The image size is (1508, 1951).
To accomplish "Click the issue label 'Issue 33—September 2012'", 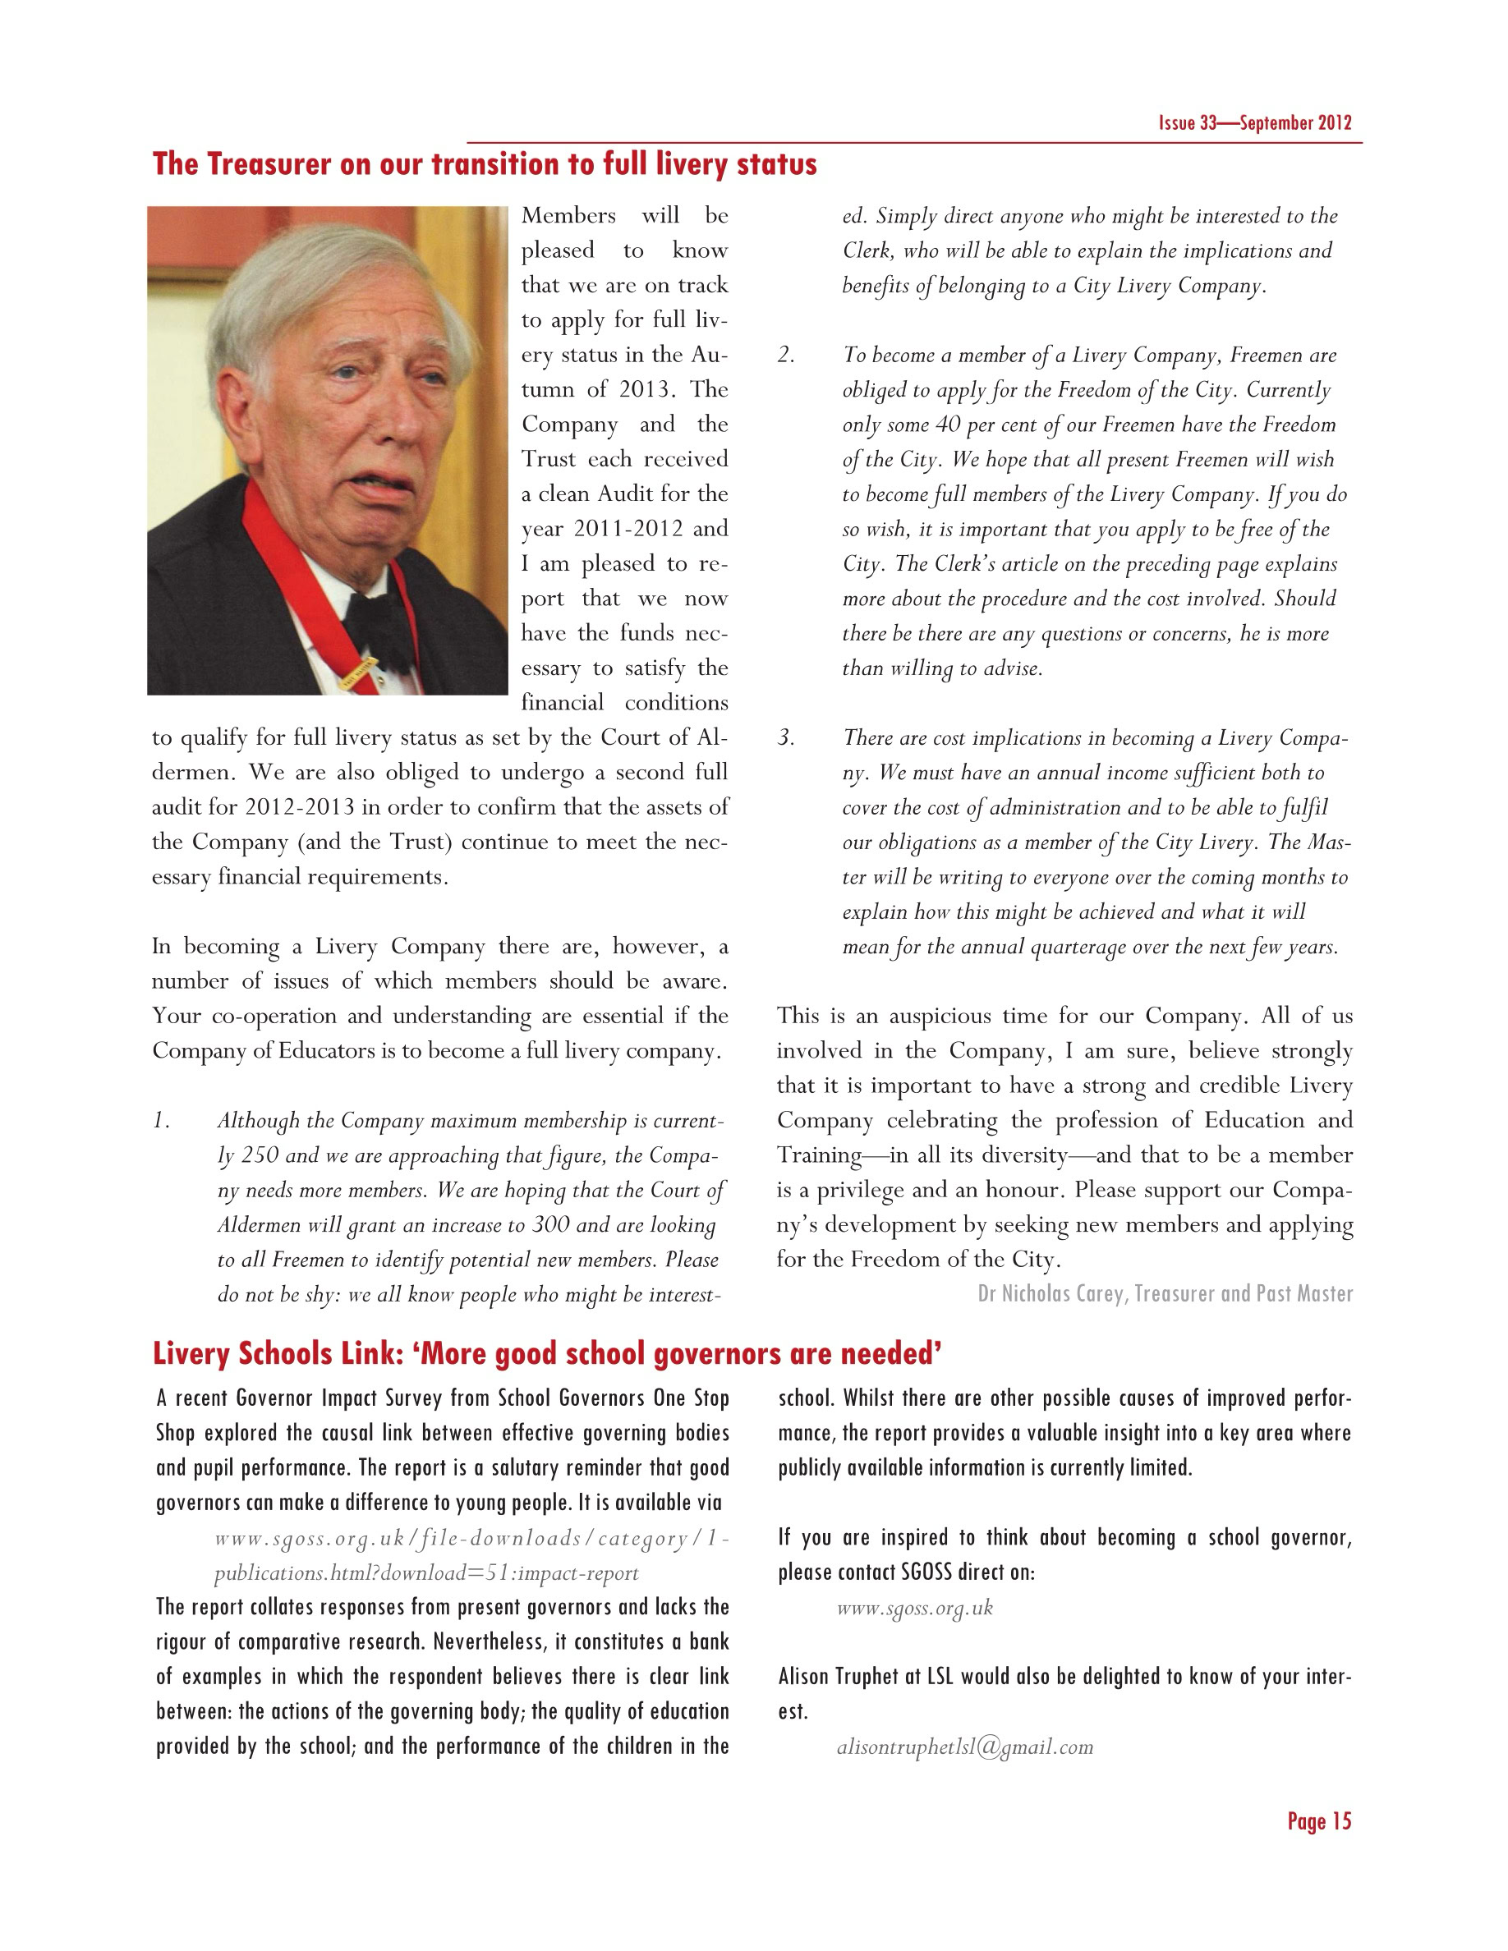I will pos(1254,123).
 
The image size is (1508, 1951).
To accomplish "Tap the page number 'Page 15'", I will pos(1318,1821).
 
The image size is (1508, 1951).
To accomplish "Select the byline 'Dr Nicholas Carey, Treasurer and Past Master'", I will pos(1165,1294).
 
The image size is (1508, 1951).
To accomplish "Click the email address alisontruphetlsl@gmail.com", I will pos(965,1747).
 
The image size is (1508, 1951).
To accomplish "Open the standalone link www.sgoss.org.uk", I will pos(915,1608).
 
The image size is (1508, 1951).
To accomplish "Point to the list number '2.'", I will pos(785,356).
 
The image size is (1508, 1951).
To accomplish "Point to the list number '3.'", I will pos(785,738).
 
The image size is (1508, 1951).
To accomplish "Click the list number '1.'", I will pos(161,1121).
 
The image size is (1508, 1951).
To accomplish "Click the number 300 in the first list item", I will pos(550,1225).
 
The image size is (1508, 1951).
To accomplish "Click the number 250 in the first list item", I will pos(260,1155).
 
